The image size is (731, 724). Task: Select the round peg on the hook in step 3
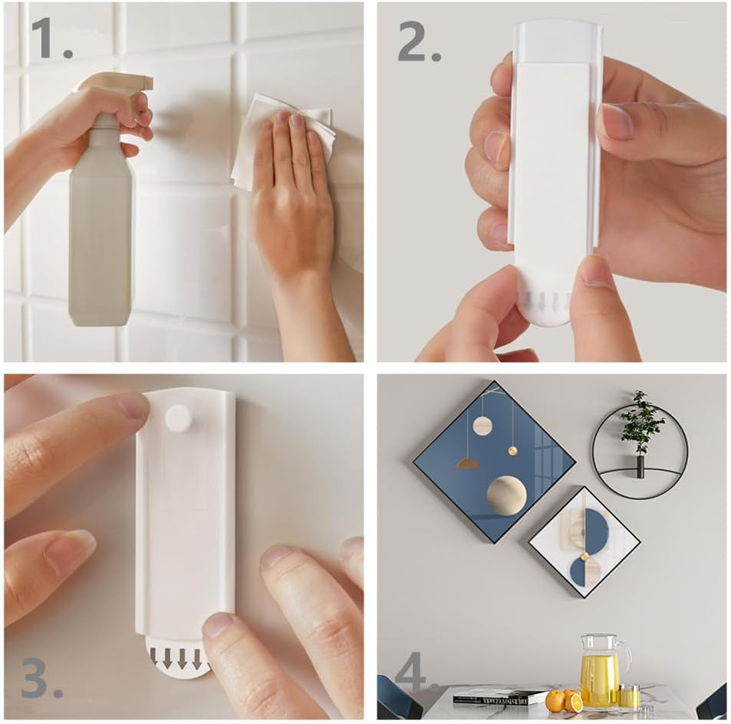(179, 419)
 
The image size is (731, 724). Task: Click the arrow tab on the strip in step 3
(178, 659)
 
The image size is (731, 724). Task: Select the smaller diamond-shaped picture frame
(584, 541)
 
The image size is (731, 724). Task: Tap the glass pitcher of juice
(600, 670)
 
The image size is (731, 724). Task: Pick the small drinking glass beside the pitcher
(629, 696)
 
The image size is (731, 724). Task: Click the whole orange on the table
(555, 699)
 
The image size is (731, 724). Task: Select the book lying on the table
(499, 697)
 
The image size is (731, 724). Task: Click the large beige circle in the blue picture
(506, 495)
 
